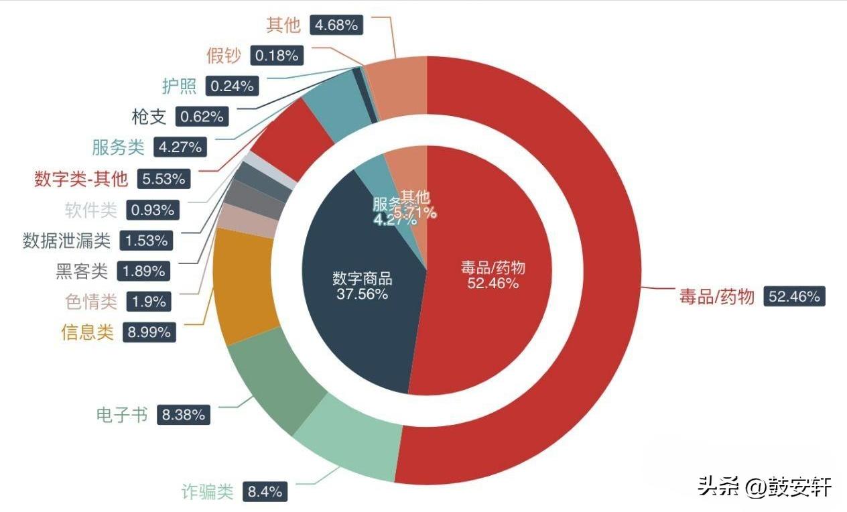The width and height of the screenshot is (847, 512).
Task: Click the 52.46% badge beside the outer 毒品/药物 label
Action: pyautogui.click(x=794, y=297)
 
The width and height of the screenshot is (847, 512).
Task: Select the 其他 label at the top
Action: pyautogui.click(x=283, y=25)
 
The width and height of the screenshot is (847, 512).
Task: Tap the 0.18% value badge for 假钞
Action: pyautogui.click(x=277, y=56)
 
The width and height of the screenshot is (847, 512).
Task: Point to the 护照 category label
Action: pyautogui.click(x=180, y=86)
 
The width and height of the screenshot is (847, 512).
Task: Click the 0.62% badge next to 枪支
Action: pyautogui.click(x=202, y=117)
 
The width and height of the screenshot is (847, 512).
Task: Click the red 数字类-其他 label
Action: pyautogui.click(x=80, y=179)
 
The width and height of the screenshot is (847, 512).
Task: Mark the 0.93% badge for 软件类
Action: pyautogui.click(x=153, y=210)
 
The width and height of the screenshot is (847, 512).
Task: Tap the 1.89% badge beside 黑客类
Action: pyautogui.click(x=143, y=271)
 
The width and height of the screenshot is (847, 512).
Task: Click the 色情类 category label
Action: pyautogui.click(x=90, y=302)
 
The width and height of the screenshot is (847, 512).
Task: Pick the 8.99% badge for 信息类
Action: pyautogui.click(x=149, y=332)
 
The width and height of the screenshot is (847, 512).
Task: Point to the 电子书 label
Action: pyautogui.click(x=121, y=415)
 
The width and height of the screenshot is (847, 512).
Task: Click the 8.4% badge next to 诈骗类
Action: pyautogui.click(x=265, y=491)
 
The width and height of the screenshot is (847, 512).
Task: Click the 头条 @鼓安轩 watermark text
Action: pyautogui.click(x=764, y=486)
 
